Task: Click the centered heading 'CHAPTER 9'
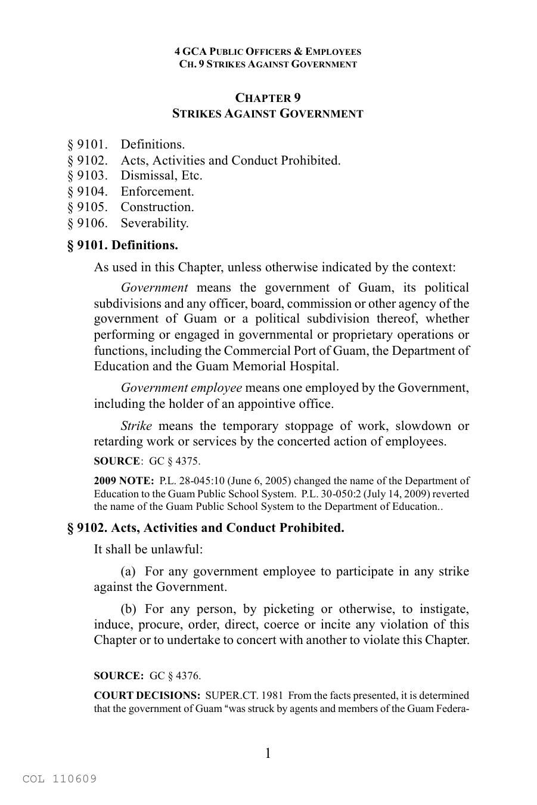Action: click(x=268, y=98)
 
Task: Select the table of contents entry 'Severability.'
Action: click(x=154, y=223)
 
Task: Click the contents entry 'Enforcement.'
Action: click(x=157, y=191)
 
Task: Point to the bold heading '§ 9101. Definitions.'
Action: click(x=122, y=245)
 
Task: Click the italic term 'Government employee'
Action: click(x=181, y=388)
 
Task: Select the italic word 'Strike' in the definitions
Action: click(x=136, y=426)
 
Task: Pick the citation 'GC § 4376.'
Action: click(x=175, y=676)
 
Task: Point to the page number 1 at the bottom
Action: click(x=268, y=753)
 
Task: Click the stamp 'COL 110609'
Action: click(x=60, y=779)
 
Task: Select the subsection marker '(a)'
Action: click(x=128, y=571)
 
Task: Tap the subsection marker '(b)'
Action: click(x=128, y=609)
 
